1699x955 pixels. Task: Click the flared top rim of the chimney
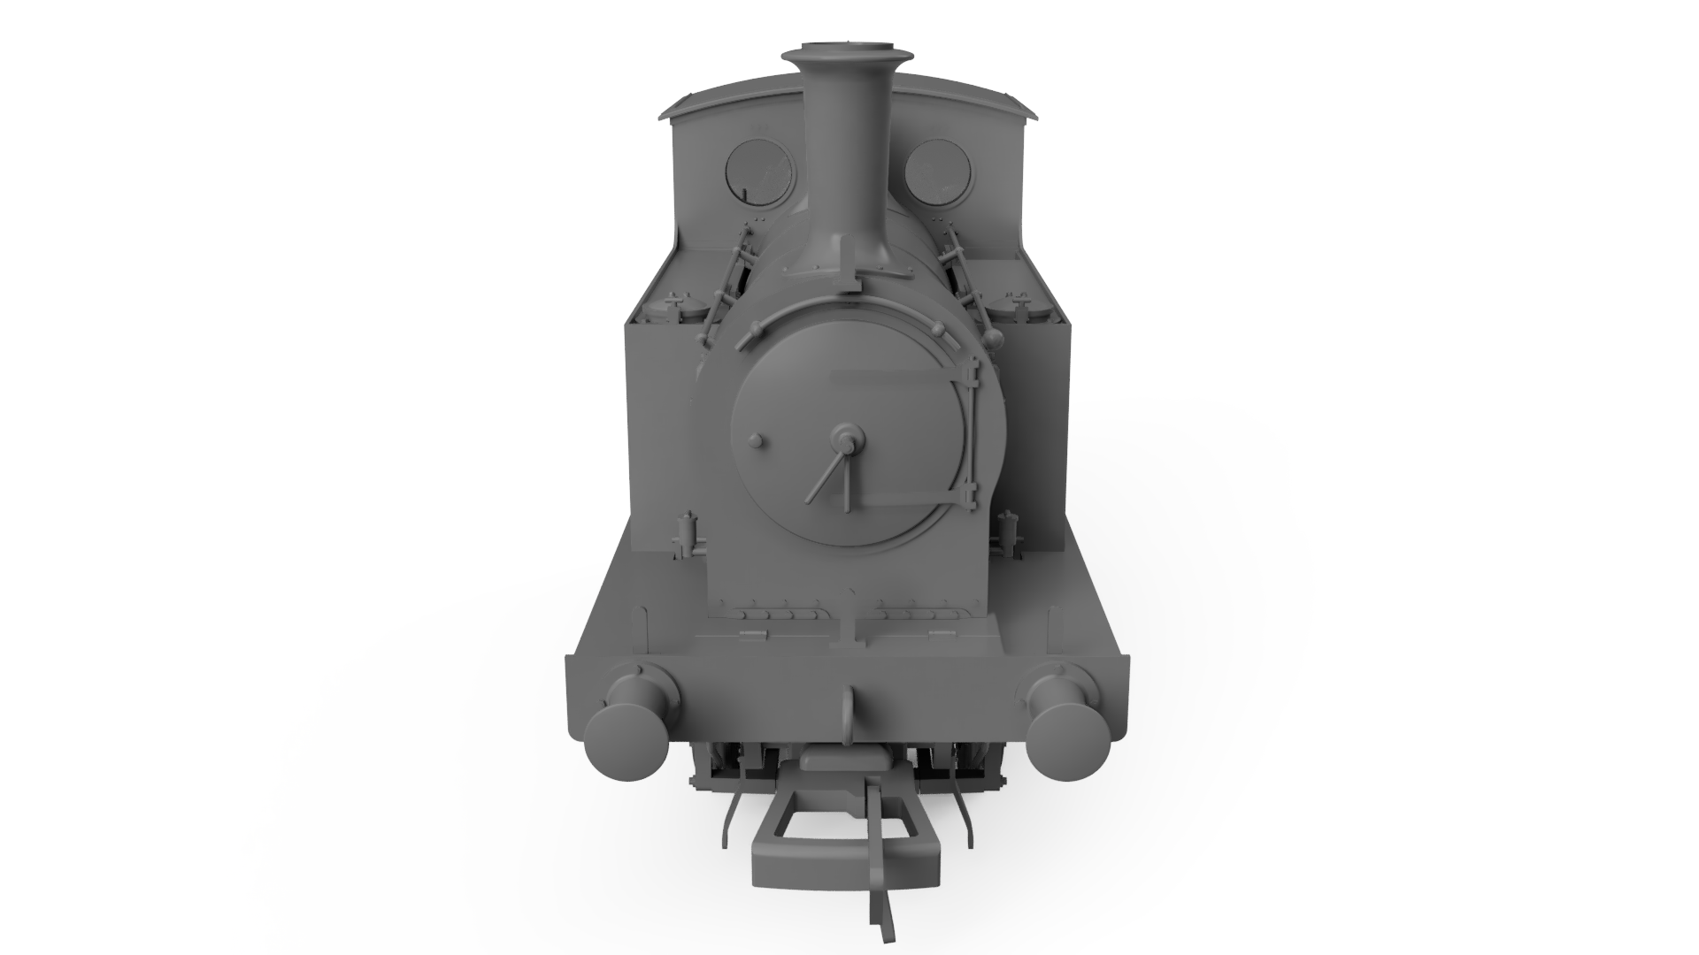point(847,56)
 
